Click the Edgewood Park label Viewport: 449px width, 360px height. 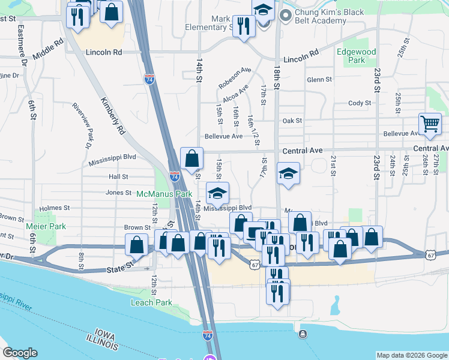coord(356,56)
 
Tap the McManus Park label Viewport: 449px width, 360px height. coord(164,194)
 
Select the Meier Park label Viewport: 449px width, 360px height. coord(46,226)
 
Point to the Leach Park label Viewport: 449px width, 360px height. coord(151,302)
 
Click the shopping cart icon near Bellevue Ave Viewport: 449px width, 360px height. coord(430,125)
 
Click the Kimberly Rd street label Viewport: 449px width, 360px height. coord(112,115)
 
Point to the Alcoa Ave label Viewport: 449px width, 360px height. coord(235,94)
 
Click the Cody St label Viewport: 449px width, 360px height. coord(360,103)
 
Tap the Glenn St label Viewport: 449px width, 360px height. coord(319,79)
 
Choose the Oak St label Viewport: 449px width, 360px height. coord(292,121)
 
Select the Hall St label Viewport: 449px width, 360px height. coord(118,177)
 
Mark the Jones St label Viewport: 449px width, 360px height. coord(118,193)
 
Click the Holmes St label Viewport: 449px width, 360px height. coord(55,208)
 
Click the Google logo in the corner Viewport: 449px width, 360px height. coord(20,353)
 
